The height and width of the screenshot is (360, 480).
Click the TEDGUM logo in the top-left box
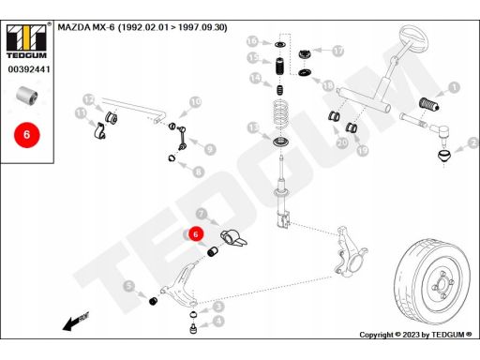26,41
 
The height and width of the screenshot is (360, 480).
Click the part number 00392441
29,69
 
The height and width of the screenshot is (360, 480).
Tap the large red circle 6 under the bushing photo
27,135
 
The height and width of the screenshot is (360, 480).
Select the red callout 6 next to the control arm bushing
196,234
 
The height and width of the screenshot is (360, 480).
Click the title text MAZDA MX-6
86,27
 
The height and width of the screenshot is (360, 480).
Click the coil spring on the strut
280,114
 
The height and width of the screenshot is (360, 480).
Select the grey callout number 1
454,87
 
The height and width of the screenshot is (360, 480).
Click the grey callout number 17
337,51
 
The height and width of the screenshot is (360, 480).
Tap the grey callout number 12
89,100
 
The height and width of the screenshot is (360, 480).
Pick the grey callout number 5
128,286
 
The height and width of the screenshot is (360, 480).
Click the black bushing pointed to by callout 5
153,301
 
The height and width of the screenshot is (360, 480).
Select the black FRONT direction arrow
76,322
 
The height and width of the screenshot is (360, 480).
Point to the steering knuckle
350,252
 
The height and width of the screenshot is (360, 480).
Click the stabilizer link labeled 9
182,138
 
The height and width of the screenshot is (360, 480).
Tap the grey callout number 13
253,127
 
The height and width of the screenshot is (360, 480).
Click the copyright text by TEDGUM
415,335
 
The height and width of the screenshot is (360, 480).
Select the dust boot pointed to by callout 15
280,66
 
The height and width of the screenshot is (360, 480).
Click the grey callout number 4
218,321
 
